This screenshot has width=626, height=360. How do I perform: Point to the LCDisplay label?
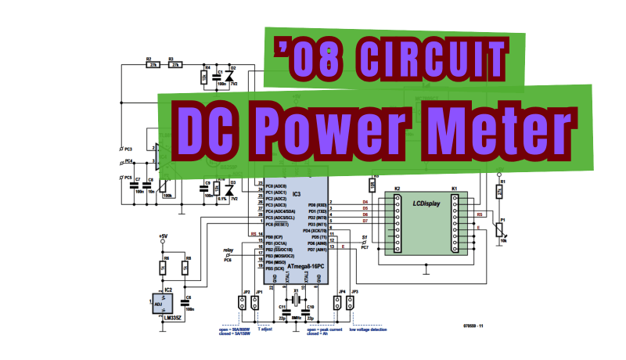(426, 203)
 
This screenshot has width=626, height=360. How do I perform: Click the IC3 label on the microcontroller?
(296, 193)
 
